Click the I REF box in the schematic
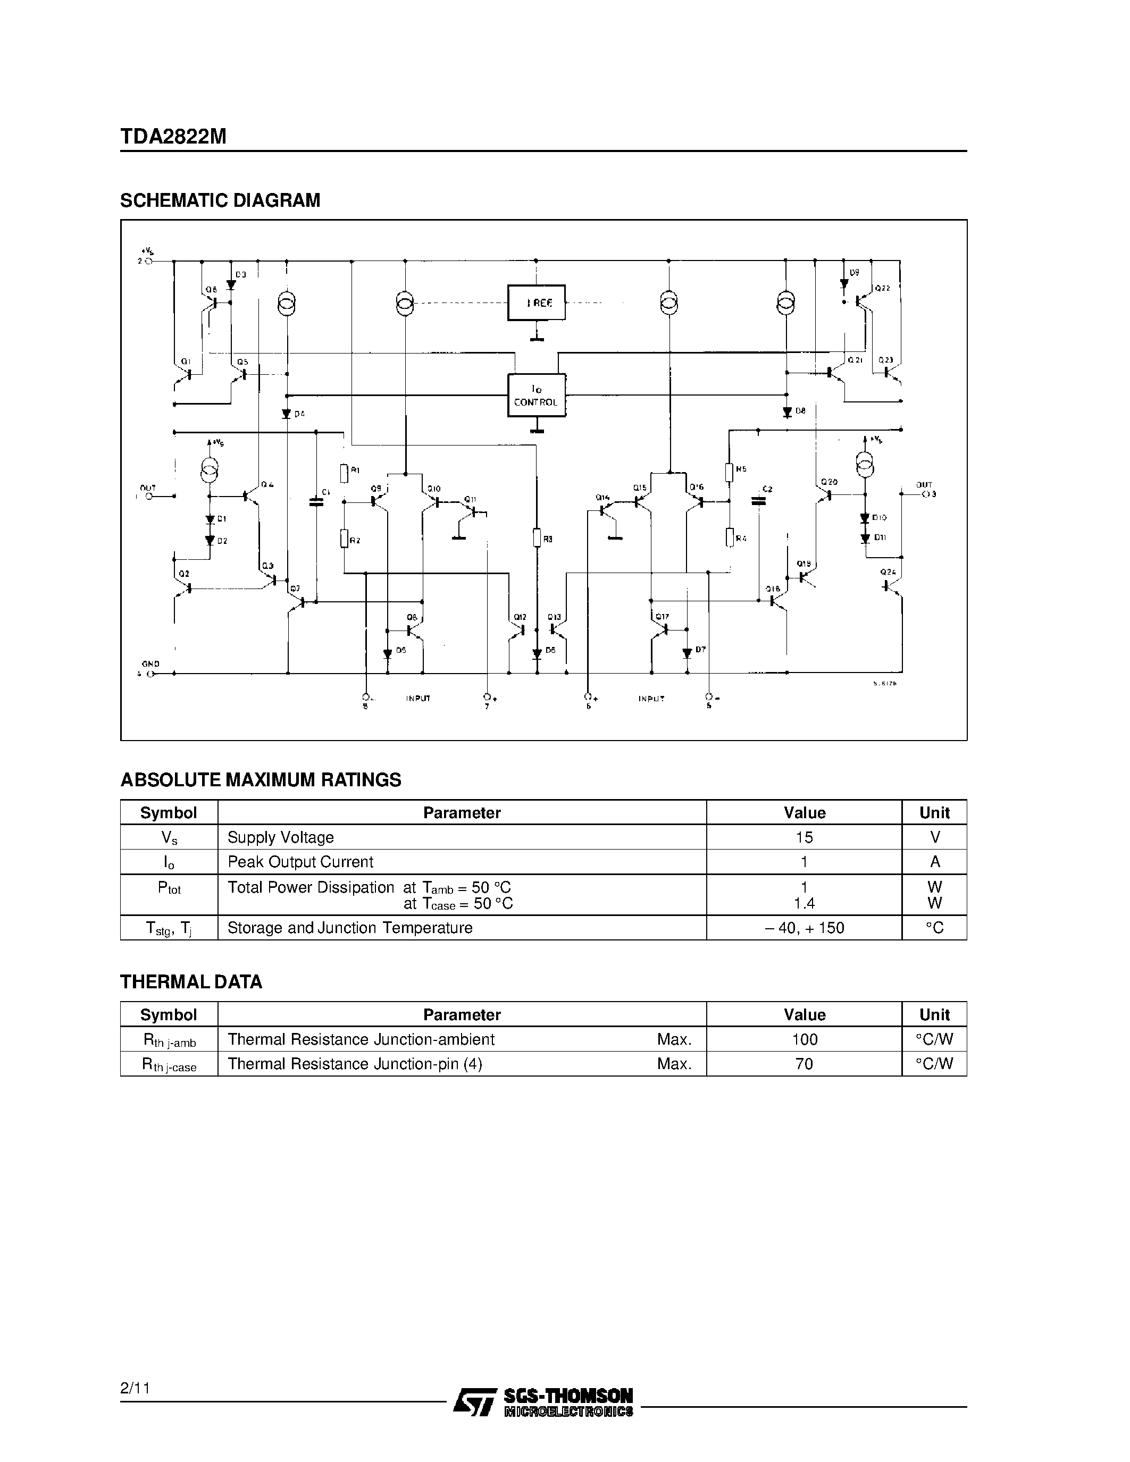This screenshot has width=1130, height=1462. point(536,303)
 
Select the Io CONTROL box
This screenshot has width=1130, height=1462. point(536,395)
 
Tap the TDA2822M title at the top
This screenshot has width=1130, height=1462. point(173,137)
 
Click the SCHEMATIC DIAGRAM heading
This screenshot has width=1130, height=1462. point(220,200)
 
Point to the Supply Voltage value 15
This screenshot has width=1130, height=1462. point(804,837)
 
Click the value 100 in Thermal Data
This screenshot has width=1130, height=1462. point(804,1039)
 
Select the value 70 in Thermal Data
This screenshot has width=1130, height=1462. point(804,1064)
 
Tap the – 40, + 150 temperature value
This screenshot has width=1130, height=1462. point(804,928)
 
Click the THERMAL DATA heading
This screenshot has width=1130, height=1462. point(191,982)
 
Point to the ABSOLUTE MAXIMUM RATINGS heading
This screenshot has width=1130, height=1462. point(261,780)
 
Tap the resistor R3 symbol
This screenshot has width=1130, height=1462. point(536,537)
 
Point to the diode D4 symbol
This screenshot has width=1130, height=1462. point(287,414)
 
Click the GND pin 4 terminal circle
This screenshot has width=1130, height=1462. point(150,674)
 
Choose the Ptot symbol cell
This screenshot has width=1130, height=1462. point(169,888)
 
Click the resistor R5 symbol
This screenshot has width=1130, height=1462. point(729,472)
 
